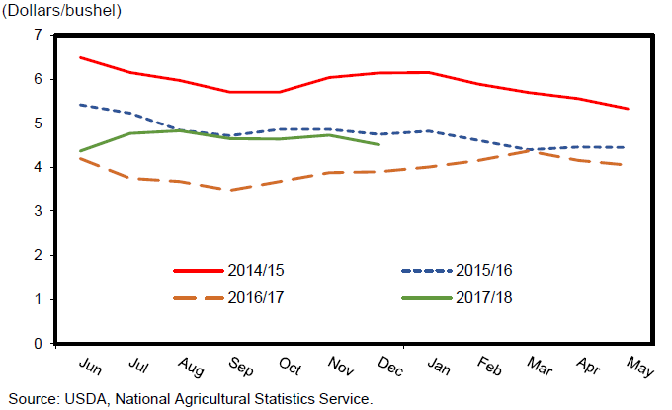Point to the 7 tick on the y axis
[38, 35]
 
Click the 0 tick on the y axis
[38, 344]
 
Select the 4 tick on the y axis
[38, 167]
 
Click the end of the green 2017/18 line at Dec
[379, 144]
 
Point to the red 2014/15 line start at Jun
[80, 57]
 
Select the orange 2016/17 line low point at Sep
[230, 191]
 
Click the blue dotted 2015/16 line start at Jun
[80, 104]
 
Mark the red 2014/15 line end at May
[629, 109]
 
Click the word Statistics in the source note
[277, 399]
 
